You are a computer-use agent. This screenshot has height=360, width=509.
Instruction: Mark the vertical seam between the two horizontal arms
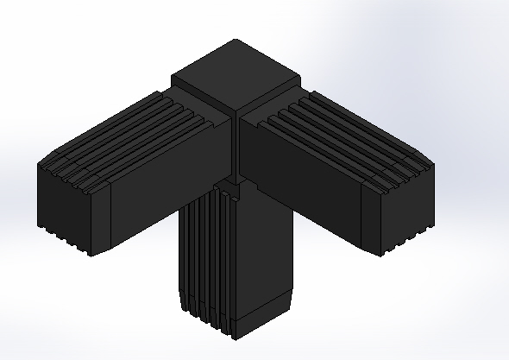click(237, 147)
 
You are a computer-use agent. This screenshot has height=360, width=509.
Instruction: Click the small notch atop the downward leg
click(227, 186)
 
